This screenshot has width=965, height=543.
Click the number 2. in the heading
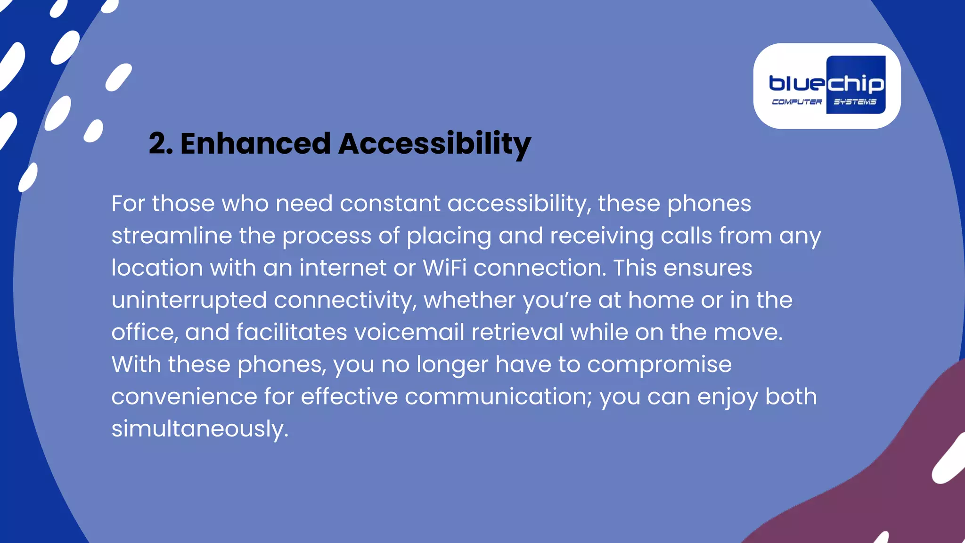tap(160, 144)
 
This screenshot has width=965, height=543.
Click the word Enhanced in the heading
tap(255, 144)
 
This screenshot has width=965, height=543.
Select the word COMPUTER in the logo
tap(796, 102)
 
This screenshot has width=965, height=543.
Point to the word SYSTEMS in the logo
tap(855, 102)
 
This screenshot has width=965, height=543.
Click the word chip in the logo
tap(855, 84)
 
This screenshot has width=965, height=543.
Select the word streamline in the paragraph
tap(172, 236)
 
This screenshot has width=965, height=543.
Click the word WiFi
tap(444, 268)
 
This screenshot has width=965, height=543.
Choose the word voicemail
tap(409, 332)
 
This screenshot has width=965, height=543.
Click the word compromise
tap(659, 365)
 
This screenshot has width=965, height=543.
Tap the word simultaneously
tap(199, 429)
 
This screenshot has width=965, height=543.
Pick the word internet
tap(343, 268)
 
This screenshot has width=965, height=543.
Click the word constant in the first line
tap(390, 204)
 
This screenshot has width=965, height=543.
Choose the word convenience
tap(184, 397)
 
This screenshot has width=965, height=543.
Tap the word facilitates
tap(292, 332)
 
